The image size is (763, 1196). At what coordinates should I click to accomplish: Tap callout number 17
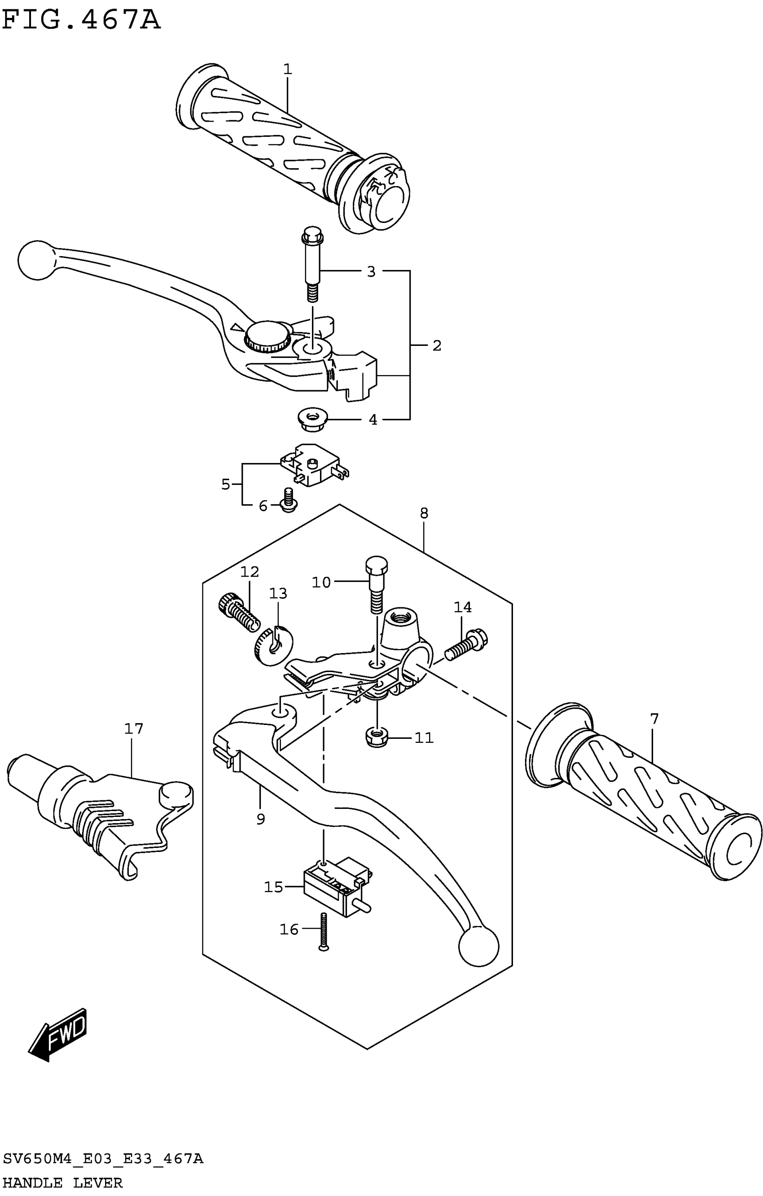click(134, 729)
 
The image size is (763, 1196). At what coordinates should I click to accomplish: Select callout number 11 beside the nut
click(424, 738)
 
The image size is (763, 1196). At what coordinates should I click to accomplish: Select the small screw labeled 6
click(288, 501)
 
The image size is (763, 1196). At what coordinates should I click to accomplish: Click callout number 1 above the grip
click(287, 70)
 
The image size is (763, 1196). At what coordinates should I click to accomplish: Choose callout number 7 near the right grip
click(654, 719)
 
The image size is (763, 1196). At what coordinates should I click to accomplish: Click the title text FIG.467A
click(81, 20)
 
